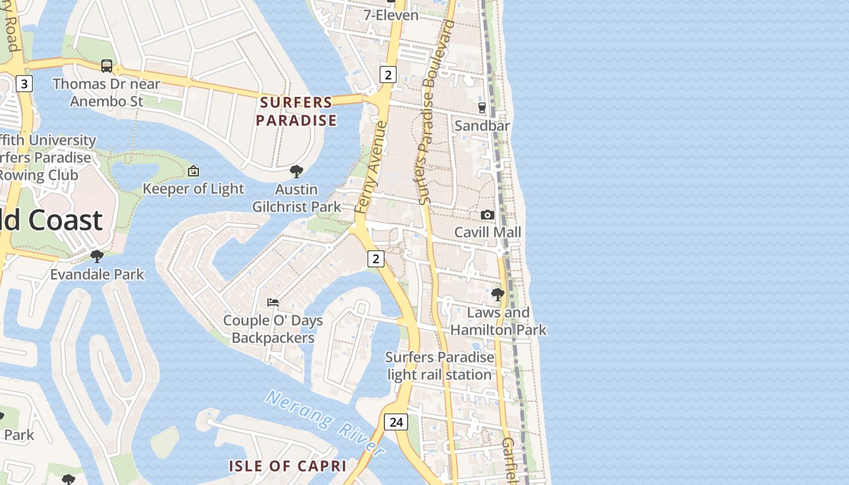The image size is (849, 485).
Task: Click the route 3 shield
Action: [x=24, y=84]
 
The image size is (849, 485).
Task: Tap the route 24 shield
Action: [x=396, y=422]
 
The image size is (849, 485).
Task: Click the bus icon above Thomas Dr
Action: [x=107, y=65]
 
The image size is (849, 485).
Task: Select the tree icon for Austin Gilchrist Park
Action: [x=297, y=172]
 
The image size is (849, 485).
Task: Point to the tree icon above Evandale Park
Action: [x=97, y=256]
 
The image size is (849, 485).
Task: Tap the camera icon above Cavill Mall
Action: [x=487, y=215]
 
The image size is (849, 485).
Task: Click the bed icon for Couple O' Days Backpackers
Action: [x=273, y=302]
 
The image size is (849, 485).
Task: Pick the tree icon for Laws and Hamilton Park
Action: [x=498, y=295]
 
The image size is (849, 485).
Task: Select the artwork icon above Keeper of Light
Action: [x=193, y=171]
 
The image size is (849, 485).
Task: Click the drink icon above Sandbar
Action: [x=482, y=108]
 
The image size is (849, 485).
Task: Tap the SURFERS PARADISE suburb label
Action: [x=296, y=111]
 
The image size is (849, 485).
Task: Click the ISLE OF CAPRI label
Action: [x=287, y=466]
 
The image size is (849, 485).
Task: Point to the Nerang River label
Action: [x=325, y=423]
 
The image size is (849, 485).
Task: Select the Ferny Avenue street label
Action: [x=371, y=167]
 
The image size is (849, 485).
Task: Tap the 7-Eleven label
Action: [x=391, y=15]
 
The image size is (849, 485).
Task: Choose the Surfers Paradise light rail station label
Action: [x=440, y=366]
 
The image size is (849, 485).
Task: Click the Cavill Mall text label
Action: [x=488, y=232]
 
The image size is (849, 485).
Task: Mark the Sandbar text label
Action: [x=482, y=125]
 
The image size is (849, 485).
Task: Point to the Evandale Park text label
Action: [x=97, y=274]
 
